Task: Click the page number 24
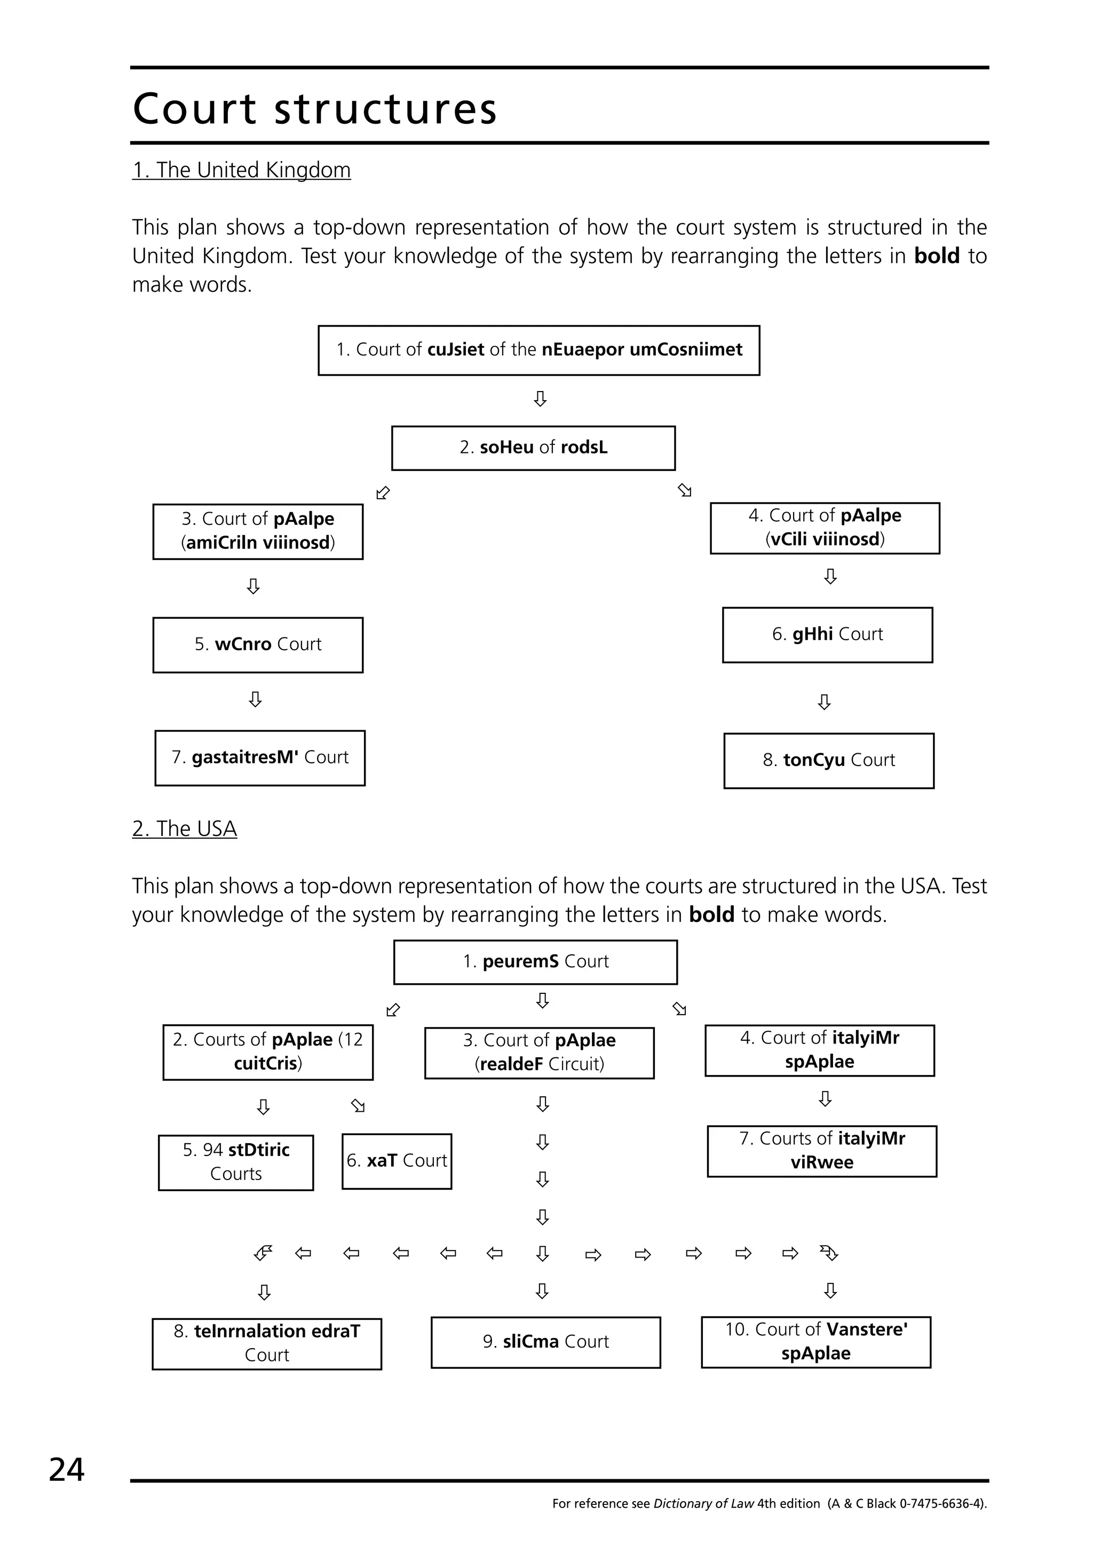coord(67,1469)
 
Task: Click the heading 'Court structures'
coord(314,108)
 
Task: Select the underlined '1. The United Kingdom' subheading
coord(241,170)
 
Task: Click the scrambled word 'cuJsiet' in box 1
coord(455,349)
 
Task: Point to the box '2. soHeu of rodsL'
coord(533,448)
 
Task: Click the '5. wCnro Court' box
coord(258,644)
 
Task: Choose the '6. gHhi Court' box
coord(827,634)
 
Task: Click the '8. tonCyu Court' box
coord(828,760)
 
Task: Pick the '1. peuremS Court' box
coord(535,961)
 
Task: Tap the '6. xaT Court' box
coord(397,1161)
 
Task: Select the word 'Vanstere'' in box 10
coord(867,1329)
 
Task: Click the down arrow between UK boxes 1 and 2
coord(540,399)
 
